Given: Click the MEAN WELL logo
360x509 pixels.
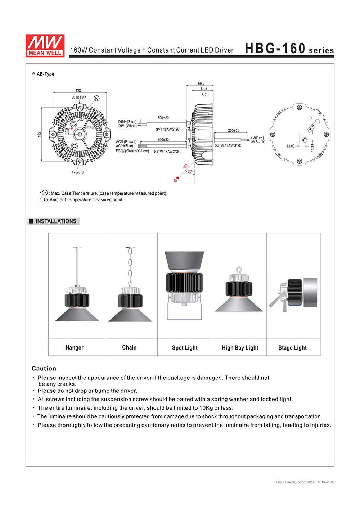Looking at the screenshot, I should [x=45, y=46].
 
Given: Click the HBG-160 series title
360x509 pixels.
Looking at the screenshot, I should [x=289, y=49].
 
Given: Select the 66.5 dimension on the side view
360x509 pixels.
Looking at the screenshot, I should [x=201, y=83].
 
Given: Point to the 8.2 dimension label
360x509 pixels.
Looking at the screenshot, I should [x=204, y=95].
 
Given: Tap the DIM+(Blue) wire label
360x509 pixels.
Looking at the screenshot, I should [x=127, y=122].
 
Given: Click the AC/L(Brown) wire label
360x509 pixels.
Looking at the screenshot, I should [x=126, y=142].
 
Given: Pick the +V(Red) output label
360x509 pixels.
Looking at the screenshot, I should [x=257, y=138].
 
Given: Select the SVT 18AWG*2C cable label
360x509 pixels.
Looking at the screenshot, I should [x=167, y=129].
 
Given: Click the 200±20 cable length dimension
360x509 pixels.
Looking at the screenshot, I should [x=233, y=131].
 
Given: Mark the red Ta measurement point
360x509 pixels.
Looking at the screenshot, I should [x=177, y=178].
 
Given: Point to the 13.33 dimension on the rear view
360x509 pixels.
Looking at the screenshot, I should [x=312, y=147].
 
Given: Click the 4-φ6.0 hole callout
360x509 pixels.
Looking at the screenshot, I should [x=77, y=172].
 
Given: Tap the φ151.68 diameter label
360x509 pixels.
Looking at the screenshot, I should [x=79, y=98].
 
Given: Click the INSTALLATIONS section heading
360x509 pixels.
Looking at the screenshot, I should [x=56, y=221].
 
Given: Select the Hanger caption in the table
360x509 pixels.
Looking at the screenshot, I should [x=75, y=348].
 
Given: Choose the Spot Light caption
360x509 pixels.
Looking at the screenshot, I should [x=185, y=348].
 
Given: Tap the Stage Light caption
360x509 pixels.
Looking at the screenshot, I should [x=292, y=348].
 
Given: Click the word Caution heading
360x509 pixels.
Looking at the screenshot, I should [x=44, y=369].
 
